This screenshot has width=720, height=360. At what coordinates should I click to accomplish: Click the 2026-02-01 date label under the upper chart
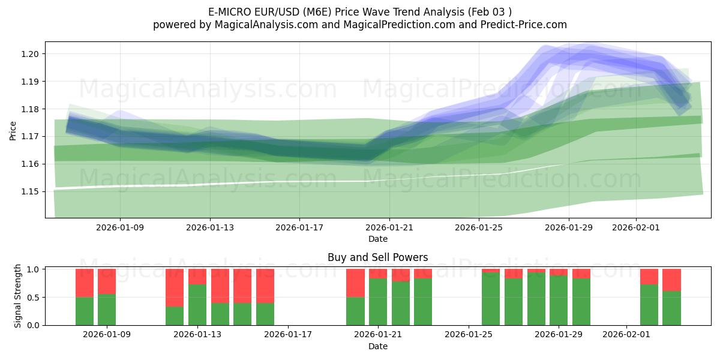(636, 227)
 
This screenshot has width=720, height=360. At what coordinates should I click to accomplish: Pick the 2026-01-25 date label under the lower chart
(468, 335)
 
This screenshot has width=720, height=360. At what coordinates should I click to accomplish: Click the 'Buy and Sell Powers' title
(377, 257)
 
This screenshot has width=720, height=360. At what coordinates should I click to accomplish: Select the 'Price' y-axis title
(13, 130)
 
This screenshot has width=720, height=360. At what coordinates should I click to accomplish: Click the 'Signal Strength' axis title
(18, 296)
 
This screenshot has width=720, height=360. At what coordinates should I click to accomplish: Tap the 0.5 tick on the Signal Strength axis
(34, 297)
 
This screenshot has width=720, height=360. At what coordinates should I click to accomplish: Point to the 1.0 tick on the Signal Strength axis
(34, 269)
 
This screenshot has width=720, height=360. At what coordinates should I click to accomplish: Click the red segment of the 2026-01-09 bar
(107, 281)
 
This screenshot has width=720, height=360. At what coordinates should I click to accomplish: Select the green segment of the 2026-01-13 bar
(197, 305)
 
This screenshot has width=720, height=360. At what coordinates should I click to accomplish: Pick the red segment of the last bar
(671, 280)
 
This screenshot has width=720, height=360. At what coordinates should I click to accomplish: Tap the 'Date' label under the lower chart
(377, 346)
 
